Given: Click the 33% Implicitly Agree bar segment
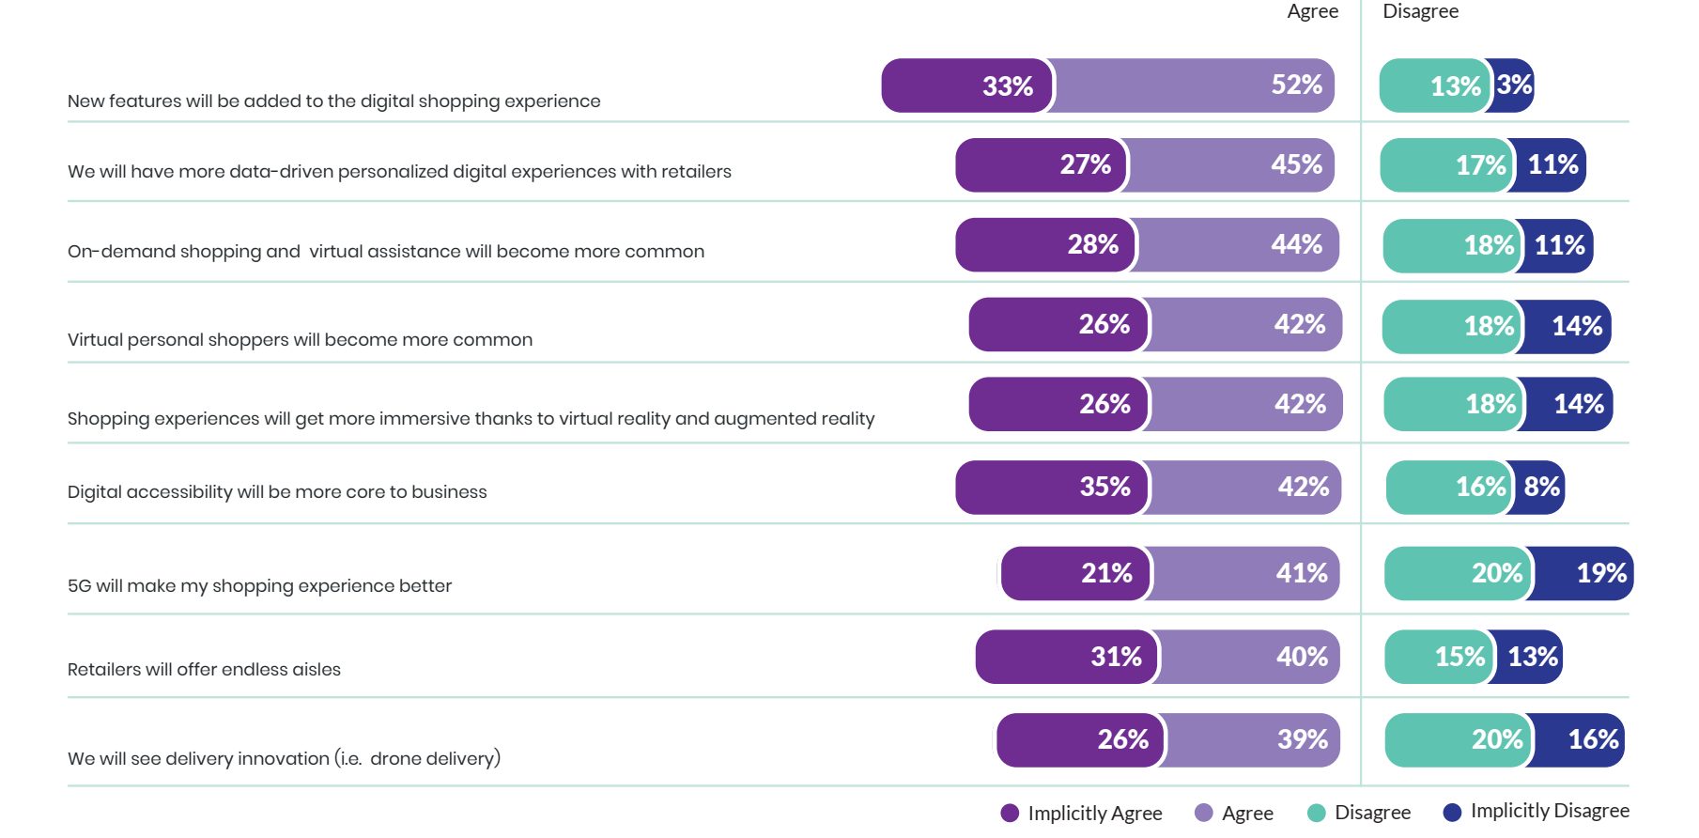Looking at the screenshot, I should pyautogui.click(x=967, y=85).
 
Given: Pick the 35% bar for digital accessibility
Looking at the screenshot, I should pyautogui.click(x=1052, y=487).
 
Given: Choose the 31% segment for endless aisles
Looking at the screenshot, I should pyautogui.click(x=1067, y=657).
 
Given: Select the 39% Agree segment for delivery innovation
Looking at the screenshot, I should pyautogui.click(x=1254, y=739).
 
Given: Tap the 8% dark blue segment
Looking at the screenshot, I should pyautogui.click(x=1540, y=487).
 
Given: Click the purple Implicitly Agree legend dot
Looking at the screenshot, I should pyautogui.click(x=1010, y=813).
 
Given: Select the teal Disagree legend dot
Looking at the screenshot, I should pyautogui.click(x=1316, y=813).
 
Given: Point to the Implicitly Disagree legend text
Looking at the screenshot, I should pyautogui.click(x=1550, y=811).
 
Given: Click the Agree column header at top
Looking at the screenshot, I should pyautogui.click(x=1312, y=11).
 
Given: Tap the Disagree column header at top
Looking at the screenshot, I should pyautogui.click(x=1420, y=11).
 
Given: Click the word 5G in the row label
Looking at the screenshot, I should pyautogui.click(x=79, y=586).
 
